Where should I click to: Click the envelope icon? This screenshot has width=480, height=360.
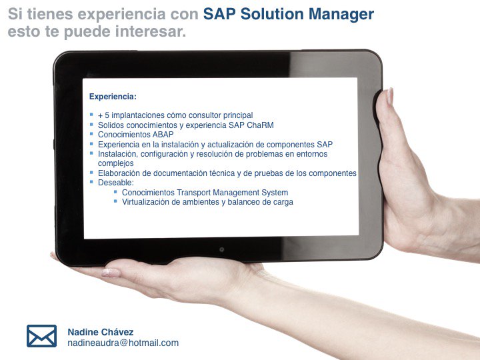pos(41,336)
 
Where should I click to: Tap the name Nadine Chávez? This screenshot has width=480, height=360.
pos(100,332)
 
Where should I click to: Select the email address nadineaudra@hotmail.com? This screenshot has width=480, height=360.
pos(123,343)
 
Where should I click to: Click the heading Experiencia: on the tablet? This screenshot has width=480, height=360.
pos(113,97)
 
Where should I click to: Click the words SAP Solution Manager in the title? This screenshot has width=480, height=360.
pos(288,14)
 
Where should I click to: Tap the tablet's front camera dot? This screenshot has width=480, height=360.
pos(221,249)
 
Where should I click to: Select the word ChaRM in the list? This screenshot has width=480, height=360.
pos(259,125)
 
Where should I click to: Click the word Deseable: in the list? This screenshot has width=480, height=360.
pos(116,182)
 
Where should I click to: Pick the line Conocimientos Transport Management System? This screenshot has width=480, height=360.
pos(205,193)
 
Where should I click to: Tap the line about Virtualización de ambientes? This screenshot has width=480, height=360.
pos(207,202)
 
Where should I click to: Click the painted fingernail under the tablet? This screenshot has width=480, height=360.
pos(111,273)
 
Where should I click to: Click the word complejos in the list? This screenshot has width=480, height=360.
pos(116,163)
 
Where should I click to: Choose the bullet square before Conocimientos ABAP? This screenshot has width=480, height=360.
pos(91,133)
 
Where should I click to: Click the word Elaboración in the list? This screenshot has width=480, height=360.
pos(119,173)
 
